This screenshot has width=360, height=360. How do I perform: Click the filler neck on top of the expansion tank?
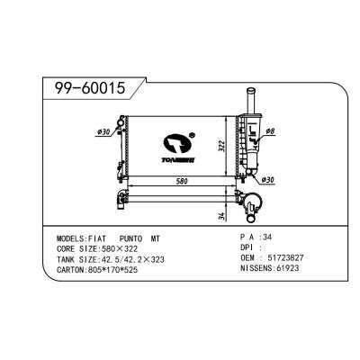tap(247, 97)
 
